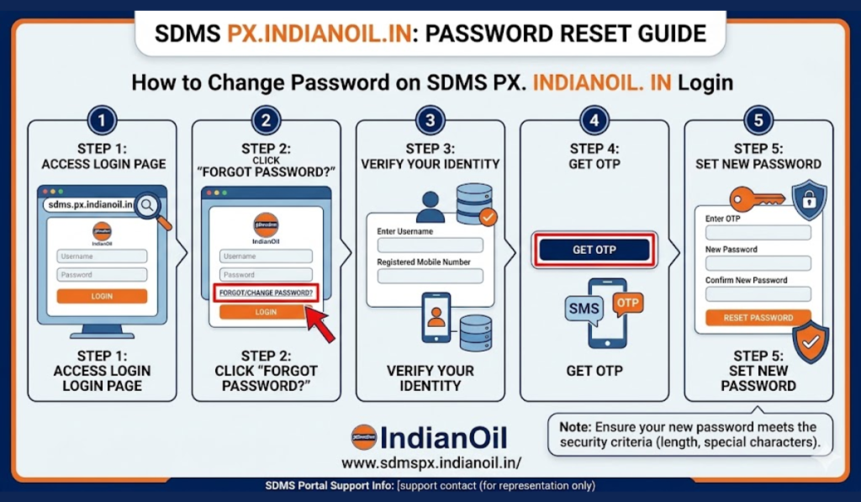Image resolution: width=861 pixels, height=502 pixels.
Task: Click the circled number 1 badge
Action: [x=102, y=121]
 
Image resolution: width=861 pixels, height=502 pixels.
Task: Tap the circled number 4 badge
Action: [x=594, y=121]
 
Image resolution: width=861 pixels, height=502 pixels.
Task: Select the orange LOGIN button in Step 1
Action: [x=102, y=296]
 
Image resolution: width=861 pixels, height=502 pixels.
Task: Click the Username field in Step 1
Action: [x=102, y=256]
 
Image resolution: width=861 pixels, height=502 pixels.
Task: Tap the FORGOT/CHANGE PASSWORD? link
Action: [x=266, y=293]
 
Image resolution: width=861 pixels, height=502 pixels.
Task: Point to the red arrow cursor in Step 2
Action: [x=320, y=324]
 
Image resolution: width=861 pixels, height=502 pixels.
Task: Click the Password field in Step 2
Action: [x=266, y=275]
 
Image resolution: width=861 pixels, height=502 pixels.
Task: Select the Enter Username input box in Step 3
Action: [x=430, y=246]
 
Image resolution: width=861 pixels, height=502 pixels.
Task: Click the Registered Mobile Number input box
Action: [x=430, y=276]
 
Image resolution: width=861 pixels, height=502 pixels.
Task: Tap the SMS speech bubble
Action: [x=584, y=309]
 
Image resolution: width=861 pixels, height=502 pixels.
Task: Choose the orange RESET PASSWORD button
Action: [x=758, y=318]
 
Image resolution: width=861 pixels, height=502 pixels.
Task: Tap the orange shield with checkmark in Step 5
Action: [x=811, y=342]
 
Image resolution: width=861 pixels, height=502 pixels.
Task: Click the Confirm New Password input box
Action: [x=758, y=294]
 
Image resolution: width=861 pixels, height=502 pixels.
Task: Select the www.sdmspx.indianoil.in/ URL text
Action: [x=431, y=462]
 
